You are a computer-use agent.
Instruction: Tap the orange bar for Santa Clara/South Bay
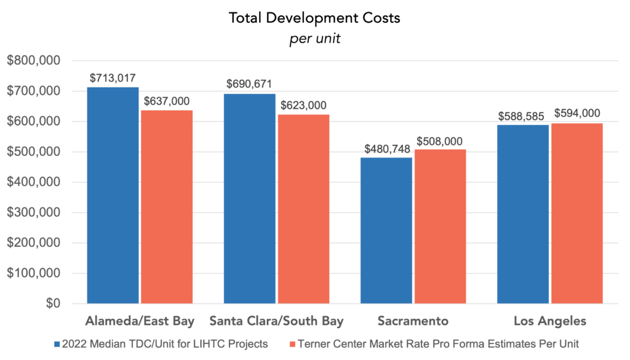tap(303, 209)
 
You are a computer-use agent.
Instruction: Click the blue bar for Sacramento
tap(386, 230)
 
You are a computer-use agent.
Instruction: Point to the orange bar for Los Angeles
tap(576, 213)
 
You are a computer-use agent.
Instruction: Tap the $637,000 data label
tap(167, 101)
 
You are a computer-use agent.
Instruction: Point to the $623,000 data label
tap(303, 105)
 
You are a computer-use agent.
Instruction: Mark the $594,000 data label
tap(577, 113)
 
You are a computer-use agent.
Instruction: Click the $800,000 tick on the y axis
tap(33, 61)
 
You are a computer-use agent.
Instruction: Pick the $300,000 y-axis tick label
tap(33, 213)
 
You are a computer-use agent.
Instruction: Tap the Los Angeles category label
tap(550, 321)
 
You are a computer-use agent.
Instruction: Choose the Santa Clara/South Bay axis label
tap(276, 321)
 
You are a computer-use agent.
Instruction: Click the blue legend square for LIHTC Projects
tap(57, 345)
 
